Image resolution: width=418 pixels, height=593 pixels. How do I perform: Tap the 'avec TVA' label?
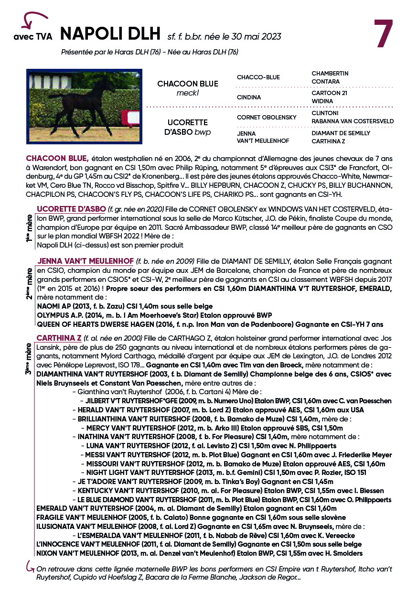click(33, 37)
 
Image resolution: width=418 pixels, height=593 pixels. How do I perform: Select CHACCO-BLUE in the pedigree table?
click(258, 77)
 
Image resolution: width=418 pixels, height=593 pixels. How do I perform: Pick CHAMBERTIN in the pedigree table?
click(330, 74)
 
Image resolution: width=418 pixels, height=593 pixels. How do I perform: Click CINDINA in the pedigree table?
click(249, 97)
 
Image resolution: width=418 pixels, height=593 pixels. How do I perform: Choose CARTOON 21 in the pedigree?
click(329, 93)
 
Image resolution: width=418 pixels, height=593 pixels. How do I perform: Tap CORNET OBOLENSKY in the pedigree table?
click(267, 117)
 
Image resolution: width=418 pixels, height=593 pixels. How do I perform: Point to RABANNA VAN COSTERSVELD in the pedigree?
click(353, 121)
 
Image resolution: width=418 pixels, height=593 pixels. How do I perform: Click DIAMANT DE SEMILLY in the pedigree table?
click(341, 133)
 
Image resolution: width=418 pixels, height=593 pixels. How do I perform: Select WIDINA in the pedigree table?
click(322, 101)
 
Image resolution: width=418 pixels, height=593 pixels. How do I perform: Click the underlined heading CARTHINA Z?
click(59, 338)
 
